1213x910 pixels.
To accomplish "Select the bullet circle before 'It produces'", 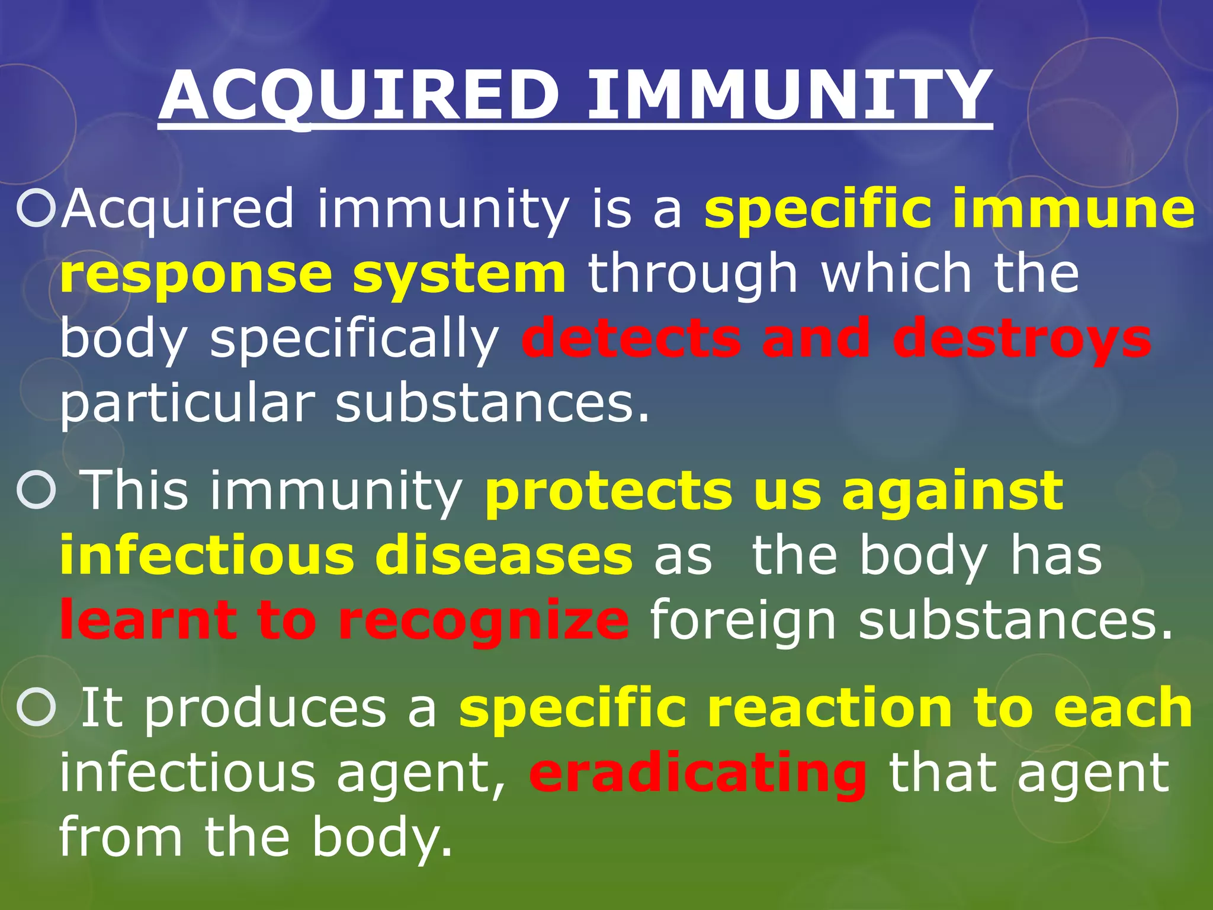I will [36, 708].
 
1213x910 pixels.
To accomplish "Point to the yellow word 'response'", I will [195, 275].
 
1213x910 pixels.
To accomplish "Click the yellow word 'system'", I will [459, 275].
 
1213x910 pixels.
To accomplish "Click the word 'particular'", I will [187, 406].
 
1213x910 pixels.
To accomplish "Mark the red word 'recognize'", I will [483, 622].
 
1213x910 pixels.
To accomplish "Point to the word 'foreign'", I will [743, 622].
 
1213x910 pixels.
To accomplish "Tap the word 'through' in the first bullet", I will [693, 275].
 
